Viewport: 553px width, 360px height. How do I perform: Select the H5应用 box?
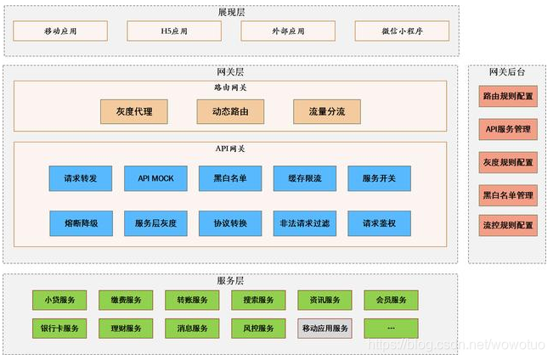click(173, 31)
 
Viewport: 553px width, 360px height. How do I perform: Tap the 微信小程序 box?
click(401, 31)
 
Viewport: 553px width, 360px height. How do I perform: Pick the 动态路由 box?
click(229, 111)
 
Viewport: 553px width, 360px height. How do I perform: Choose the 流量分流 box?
click(326, 111)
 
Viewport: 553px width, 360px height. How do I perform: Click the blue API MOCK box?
click(155, 178)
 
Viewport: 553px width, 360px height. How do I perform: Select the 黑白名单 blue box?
click(229, 178)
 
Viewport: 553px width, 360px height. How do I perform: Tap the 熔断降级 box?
click(81, 223)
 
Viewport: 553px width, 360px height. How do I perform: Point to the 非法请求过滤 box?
click(304, 223)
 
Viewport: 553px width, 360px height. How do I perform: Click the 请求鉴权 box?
click(379, 223)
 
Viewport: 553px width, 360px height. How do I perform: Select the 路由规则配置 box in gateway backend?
click(508, 96)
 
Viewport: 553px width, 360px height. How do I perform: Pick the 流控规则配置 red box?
click(508, 226)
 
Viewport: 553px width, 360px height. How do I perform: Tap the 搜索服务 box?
click(258, 300)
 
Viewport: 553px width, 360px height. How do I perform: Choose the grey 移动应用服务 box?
click(324, 328)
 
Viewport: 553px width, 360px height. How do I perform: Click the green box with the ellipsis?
click(391, 328)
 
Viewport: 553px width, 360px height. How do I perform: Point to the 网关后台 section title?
click(507, 72)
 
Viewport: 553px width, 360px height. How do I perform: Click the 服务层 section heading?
click(230, 280)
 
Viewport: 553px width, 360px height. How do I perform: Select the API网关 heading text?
click(230, 149)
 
